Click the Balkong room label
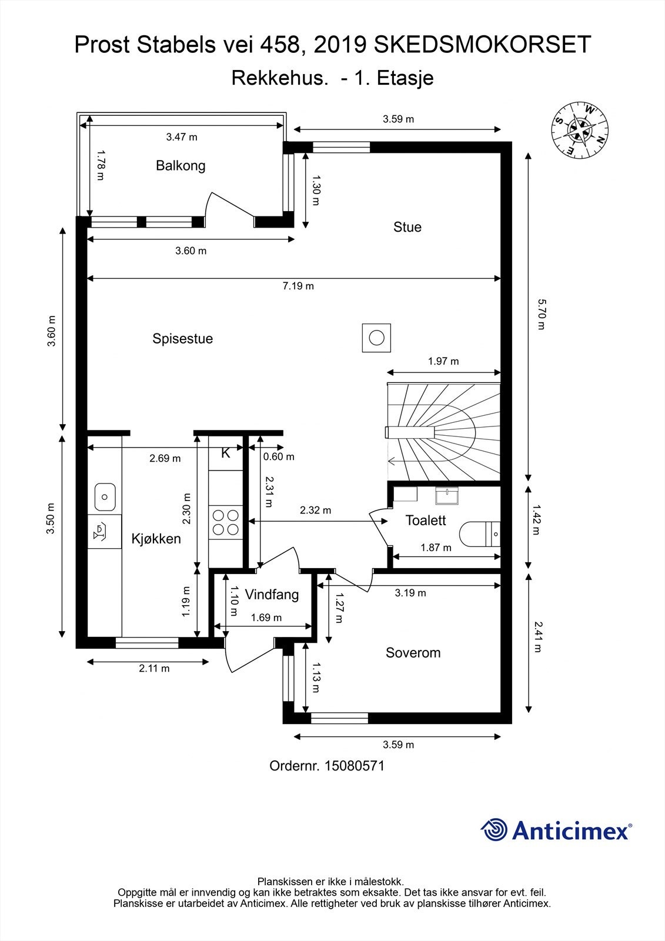pos(181,166)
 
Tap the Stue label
pos(407,227)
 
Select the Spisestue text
pos(183,339)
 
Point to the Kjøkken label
pos(156,539)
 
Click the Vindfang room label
pos(272,595)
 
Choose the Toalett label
pos(426,520)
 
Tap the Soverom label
pos(413,653)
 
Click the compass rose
pos(580,129)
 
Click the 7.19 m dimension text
pos(298,286)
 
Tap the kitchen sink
pos(105,497)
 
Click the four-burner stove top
pos(226,522)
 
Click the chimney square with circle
pos(376,338)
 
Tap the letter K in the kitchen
pos(226,453)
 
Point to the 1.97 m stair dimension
pos(443,361)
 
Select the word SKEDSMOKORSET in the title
pos(482,45)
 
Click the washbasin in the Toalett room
pos(447,495)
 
